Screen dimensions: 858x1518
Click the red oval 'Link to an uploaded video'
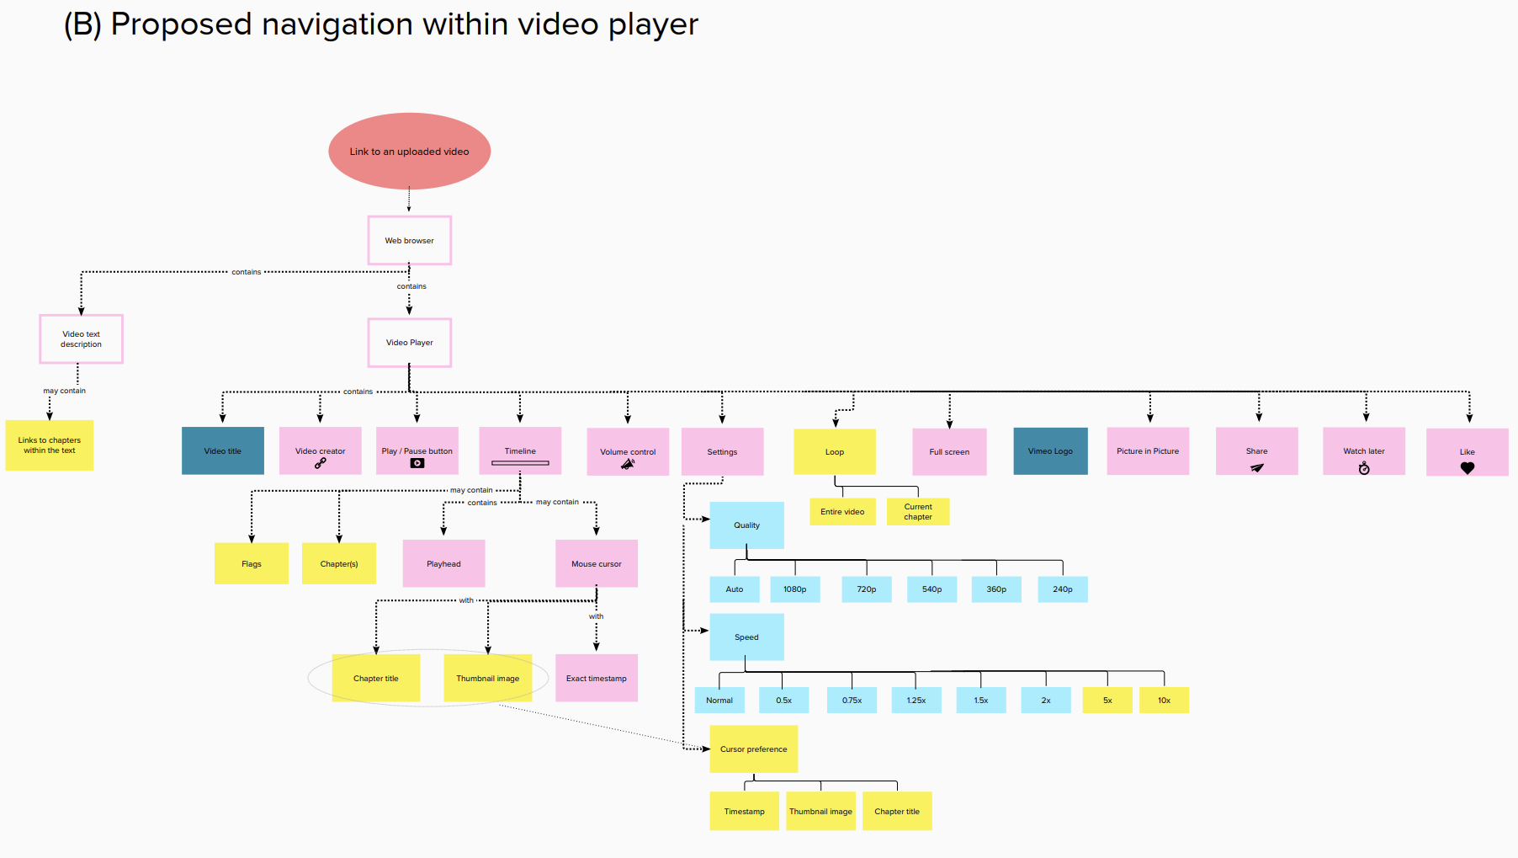click(x=409, y=152)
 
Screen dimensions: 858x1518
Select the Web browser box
click(x=409, y=241)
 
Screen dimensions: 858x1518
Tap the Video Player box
click(x=409, y=343)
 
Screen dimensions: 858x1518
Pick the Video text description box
click(x=81, y=339)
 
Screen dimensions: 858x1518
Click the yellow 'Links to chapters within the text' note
click(x=50, y=445)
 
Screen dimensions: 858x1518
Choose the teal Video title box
click(x=223, y=451)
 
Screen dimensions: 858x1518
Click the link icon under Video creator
click(x=321, y=463)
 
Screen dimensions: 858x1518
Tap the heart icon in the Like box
click(x=1468, y=468)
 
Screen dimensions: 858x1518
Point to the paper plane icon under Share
click(x=1257, y=467)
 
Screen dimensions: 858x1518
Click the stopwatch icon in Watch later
click(x=1364, y=468)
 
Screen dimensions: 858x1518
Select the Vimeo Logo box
click(x=1050, y=451)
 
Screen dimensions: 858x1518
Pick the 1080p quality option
click(x=794, y=589)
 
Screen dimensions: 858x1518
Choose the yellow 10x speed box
click(x=1164, y=701)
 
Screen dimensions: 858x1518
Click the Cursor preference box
click(x=753, y=749)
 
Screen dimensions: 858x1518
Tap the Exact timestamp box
click(x=596, y=679)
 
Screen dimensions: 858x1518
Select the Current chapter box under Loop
click(x=918, y=512)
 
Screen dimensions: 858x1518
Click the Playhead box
click(x=443, y=564)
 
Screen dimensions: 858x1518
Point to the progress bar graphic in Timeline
click(x=520, y=463)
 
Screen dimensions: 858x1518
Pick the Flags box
click(x=252, y=564)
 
